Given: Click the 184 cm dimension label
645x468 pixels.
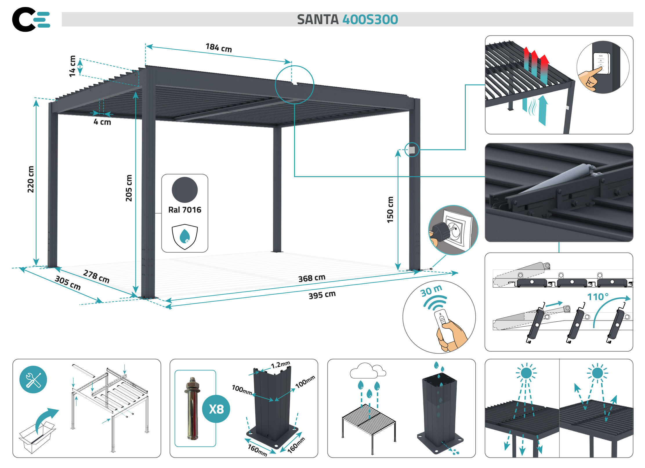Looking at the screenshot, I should point(219,48).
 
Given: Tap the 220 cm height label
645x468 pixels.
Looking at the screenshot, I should point(31,179).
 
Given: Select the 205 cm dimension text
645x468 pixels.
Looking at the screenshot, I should point(129,188).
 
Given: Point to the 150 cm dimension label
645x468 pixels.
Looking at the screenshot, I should point(390,210).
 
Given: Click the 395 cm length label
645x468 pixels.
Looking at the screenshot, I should point(322,295).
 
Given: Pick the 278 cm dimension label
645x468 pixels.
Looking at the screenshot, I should point(96,276).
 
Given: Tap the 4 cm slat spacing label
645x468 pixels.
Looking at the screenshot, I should point(102,122).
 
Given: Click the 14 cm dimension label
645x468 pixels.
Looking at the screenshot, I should point(72,66).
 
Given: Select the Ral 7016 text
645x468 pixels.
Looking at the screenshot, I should point(185,210).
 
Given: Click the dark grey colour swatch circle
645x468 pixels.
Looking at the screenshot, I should point(185,190).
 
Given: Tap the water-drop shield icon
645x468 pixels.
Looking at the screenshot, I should point(185,236).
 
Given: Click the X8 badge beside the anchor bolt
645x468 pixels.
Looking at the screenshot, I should point(216,409).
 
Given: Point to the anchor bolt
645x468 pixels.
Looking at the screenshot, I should point(192,408).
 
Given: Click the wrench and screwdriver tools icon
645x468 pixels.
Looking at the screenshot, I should point(33,379).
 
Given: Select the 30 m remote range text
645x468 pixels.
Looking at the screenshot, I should point(431,291).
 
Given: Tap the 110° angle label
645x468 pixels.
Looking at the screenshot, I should point(598,297).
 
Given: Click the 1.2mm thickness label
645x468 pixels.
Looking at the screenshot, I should point(280,365).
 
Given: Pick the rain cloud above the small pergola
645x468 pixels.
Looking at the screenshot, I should point(367,371).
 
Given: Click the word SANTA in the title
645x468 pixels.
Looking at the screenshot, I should point(318,19).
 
